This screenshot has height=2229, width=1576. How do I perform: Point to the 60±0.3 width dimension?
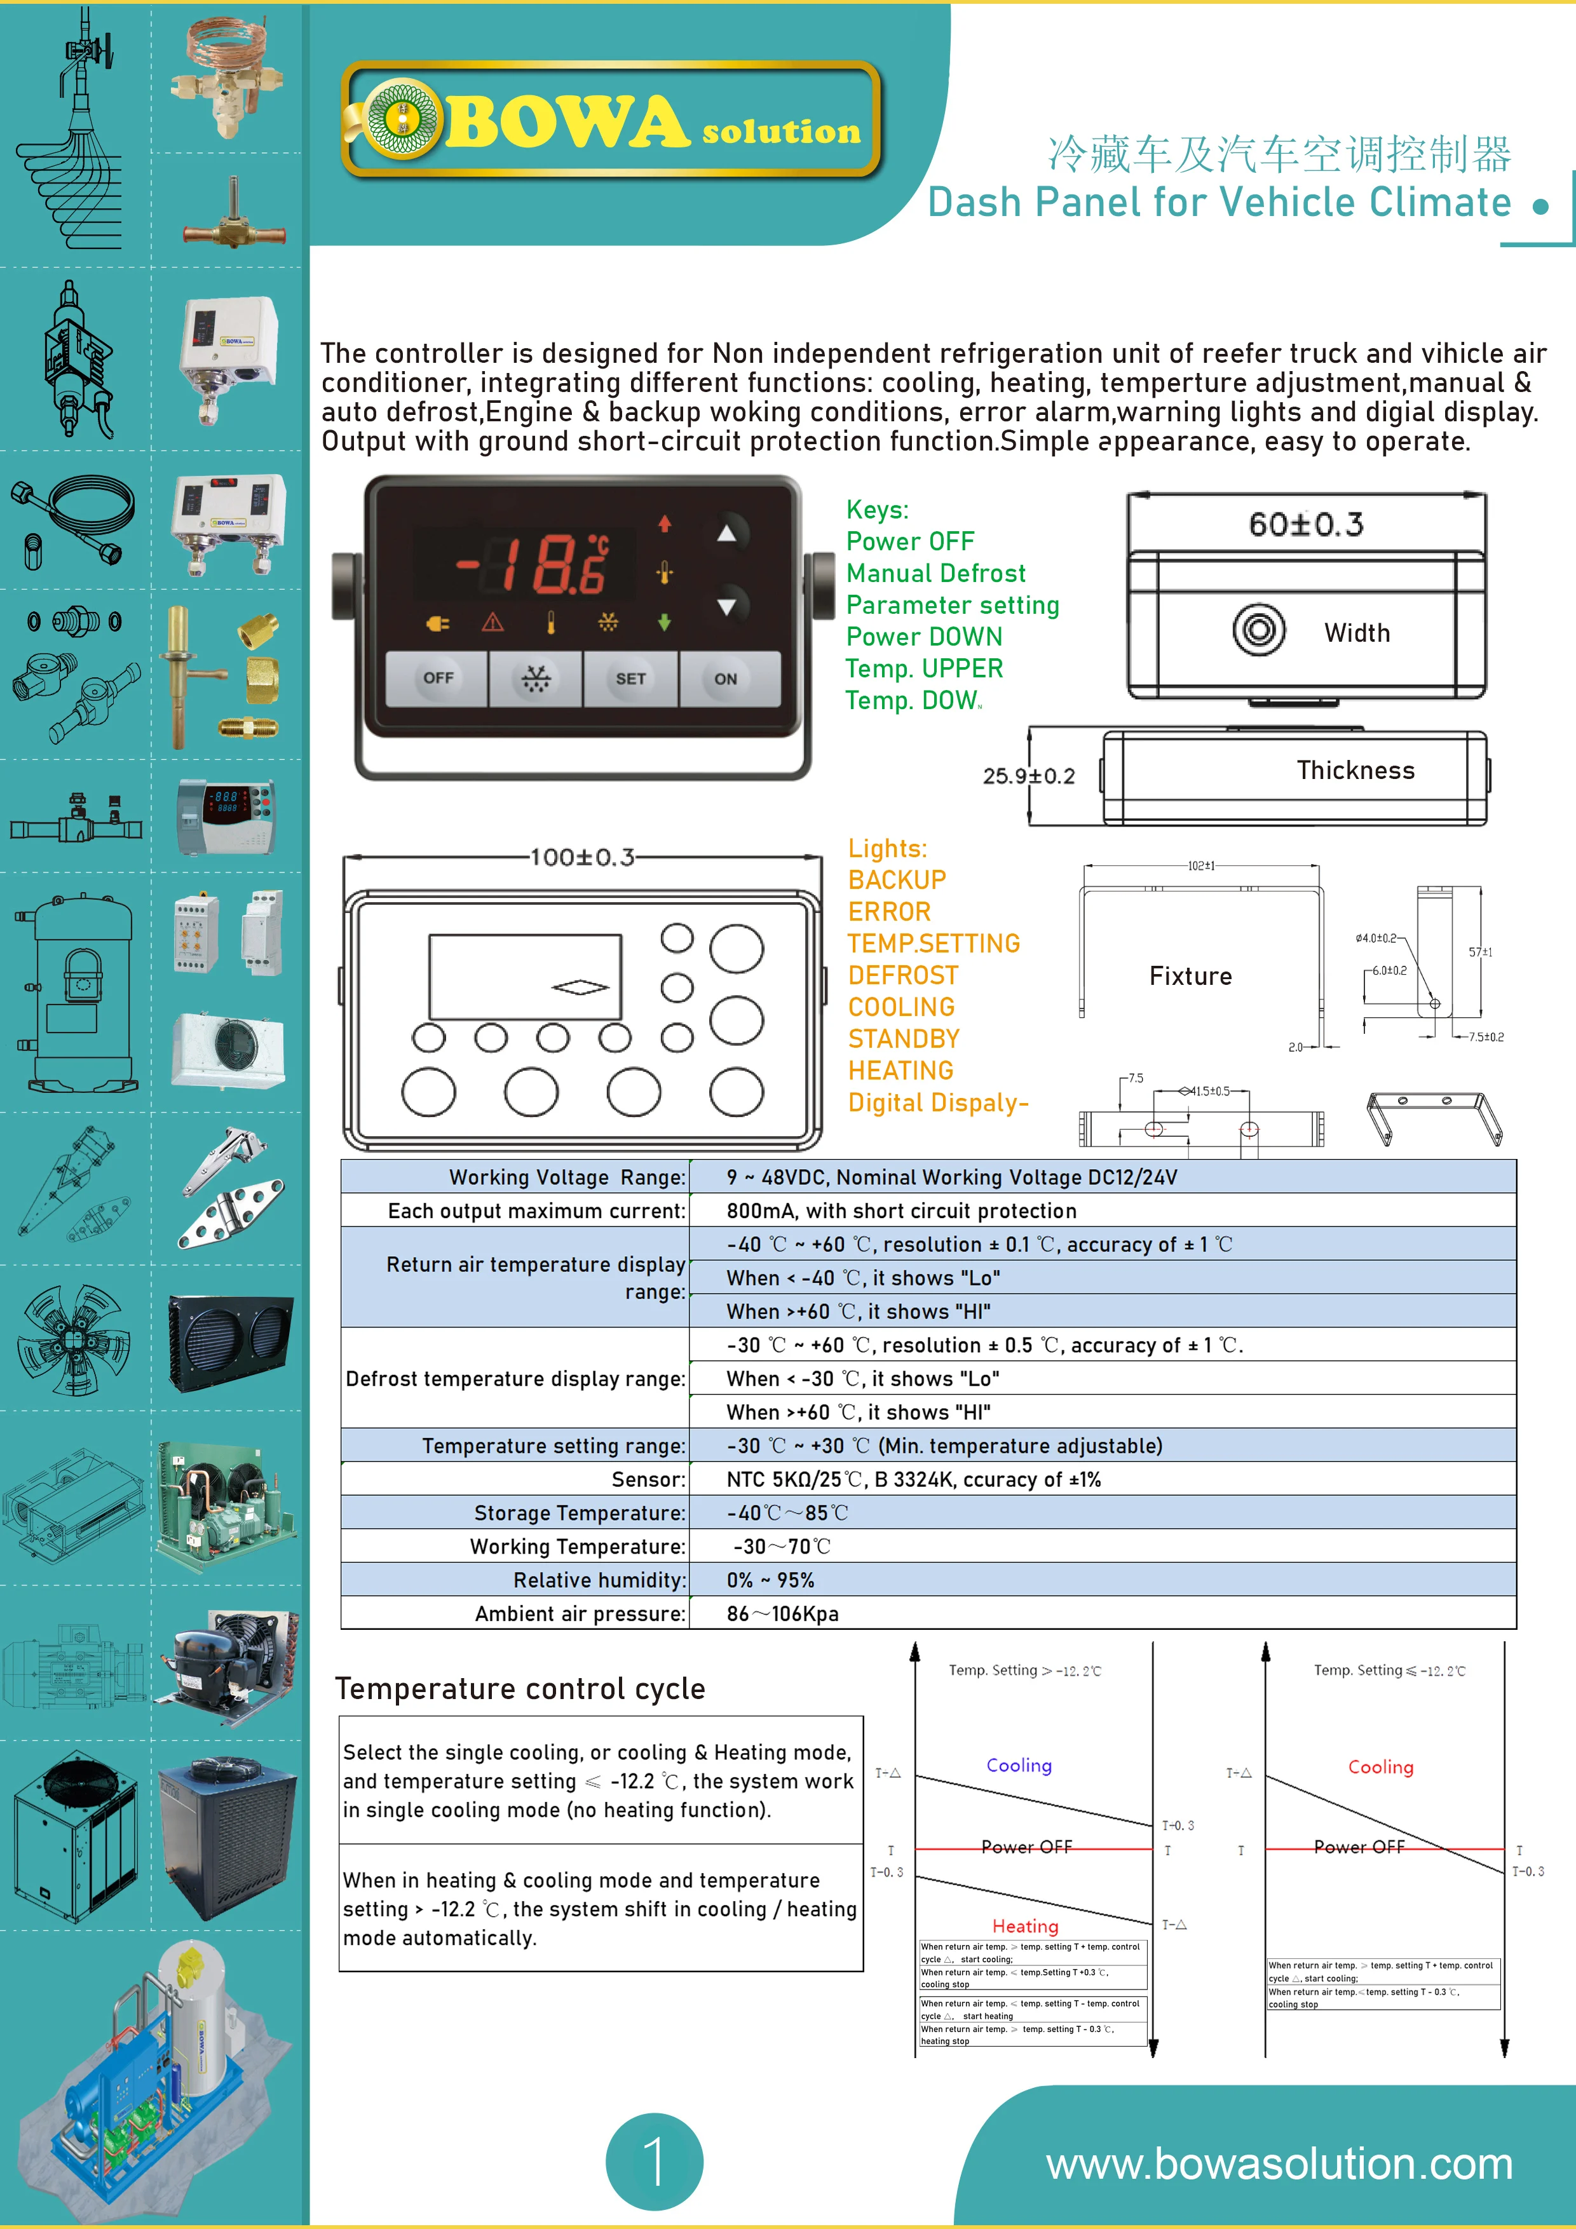tap(1306, 524)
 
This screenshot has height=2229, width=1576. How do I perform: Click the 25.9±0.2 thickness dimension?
tap(1028, 776)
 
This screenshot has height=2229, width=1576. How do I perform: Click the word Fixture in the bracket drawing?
tap(1190, 976)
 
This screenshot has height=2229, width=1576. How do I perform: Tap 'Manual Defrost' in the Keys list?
tap(935, 572)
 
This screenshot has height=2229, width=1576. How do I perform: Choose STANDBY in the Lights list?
tap(903, 1039)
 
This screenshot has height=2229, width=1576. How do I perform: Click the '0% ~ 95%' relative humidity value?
tap(770, 1580)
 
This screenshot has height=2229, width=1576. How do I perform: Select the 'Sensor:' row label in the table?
tap(648, 1479)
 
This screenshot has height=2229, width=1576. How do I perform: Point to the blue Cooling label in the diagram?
tap(1019, 1765)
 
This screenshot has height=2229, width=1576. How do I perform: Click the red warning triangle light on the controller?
tap(493, 622)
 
